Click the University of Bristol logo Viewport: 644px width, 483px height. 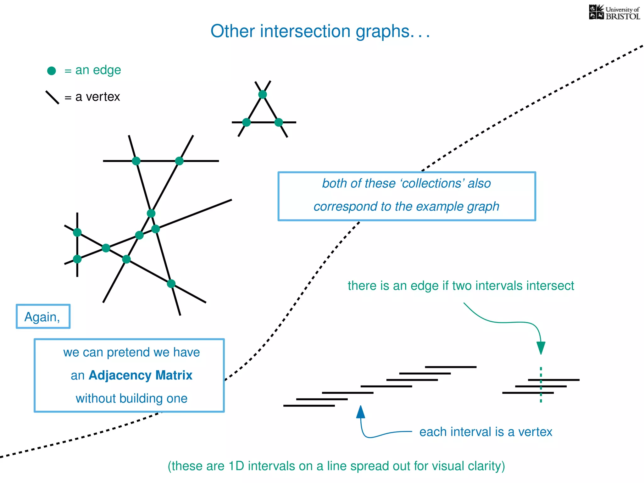tap(614, 13)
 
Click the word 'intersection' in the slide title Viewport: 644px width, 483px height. tap(305, 31)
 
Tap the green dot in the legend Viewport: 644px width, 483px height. tap(52, 71)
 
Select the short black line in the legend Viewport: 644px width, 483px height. tap(52, 97)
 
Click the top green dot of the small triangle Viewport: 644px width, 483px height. tap(263, 94)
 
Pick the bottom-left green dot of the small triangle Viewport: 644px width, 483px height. tap(247, 122)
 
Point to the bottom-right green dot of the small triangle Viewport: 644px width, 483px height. tap(279, 122)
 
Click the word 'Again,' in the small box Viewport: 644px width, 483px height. tap(42, 317)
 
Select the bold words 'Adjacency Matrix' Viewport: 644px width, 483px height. tap(140, 375)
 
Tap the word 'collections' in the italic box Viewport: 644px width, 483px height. tap(432, 183)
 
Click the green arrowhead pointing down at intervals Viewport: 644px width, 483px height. tap(541, 348)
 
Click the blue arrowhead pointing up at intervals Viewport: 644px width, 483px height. tap(361, 412)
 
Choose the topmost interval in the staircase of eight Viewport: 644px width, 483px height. tap(451, 367)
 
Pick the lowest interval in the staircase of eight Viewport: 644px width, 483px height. tap(309, 406)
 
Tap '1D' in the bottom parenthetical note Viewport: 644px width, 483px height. tap(236, 466)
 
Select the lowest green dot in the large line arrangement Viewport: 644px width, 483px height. tap(171, 284)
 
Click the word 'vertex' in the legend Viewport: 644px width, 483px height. tap(103, 97)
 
